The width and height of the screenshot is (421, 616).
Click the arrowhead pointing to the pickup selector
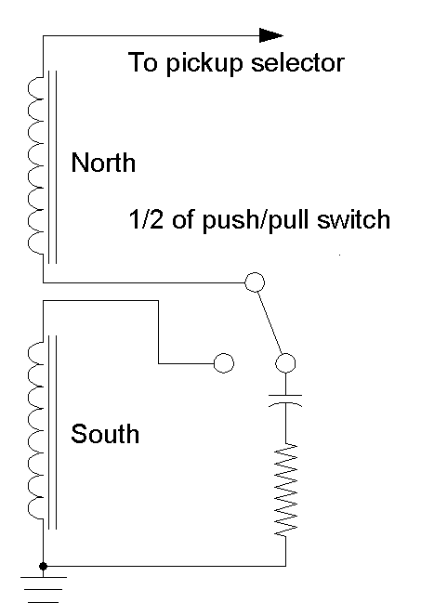click(271, 35)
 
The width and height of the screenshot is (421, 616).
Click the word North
click(103, 163)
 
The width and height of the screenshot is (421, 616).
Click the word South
click(105, 434)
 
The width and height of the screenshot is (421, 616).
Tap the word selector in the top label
click(298, 62)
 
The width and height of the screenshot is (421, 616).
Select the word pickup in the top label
click(204, 64)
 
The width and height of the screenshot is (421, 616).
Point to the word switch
click(354, 219)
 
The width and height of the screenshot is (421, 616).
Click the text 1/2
click(145, 219)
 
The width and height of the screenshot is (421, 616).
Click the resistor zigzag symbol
click(285, 490)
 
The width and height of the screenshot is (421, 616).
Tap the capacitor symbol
click(285, 400)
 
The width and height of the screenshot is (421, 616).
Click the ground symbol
click(44, 589)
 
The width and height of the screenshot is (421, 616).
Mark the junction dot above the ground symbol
click(44, 566)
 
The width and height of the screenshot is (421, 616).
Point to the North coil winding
click(35, 166)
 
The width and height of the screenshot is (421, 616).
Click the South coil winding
click(35, 431)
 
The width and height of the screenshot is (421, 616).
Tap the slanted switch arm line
click(270, 322)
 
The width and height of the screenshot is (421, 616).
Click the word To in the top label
click(143, 62)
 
